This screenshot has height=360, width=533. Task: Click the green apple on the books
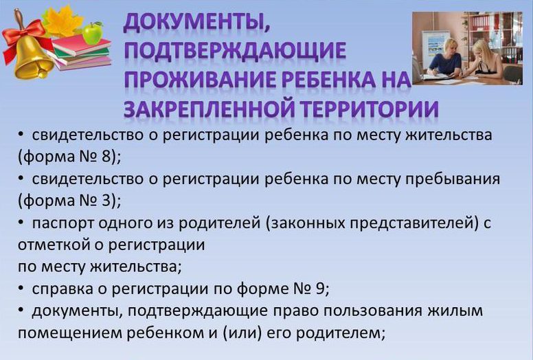click(x=93, y=33)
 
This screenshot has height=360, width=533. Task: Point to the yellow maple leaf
click(x=63, y=21)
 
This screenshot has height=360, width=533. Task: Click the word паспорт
click(x=63, y=223)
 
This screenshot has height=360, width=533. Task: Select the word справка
click(x=63, y=290)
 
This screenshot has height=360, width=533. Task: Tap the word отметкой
click(x=54, y=245)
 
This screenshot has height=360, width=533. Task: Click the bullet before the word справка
click(x=21, y=289)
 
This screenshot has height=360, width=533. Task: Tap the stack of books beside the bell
click(x=81, y=52)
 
